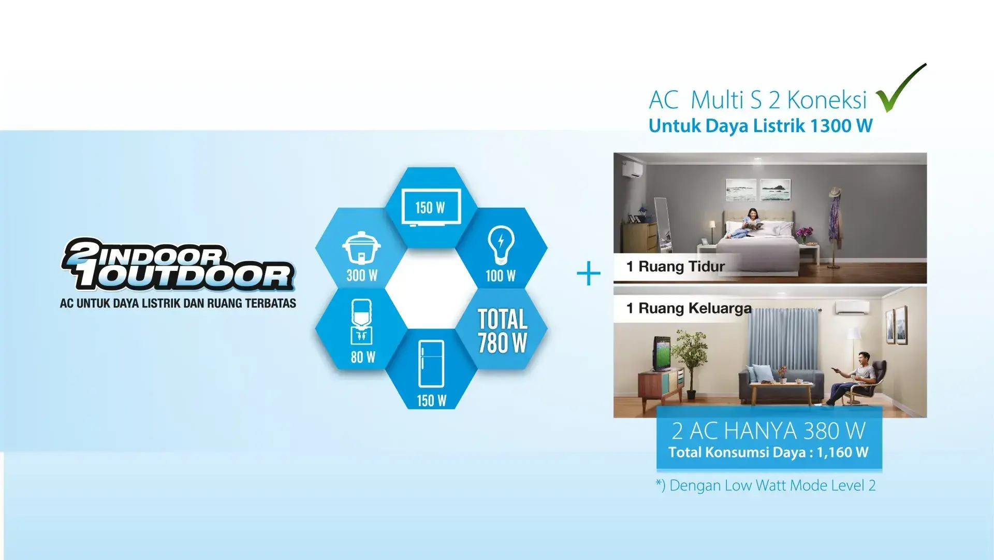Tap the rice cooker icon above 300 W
[361, 248]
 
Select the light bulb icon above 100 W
[501, 245]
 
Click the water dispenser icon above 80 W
[361, 322]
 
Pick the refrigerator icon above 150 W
[431, 364]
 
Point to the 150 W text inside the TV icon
[430, 208]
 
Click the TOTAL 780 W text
[502, 331]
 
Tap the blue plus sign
[589, 274]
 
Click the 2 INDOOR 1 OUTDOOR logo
[178, 264]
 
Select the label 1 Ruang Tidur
[675, 266]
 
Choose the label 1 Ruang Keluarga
[689, 308]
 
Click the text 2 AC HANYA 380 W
[769, 431]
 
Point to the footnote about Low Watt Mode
[766, 485]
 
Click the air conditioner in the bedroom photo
[631, 170]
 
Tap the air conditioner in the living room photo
[852, 308]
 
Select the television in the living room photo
[662, 354]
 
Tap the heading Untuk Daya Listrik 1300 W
[761, 126]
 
